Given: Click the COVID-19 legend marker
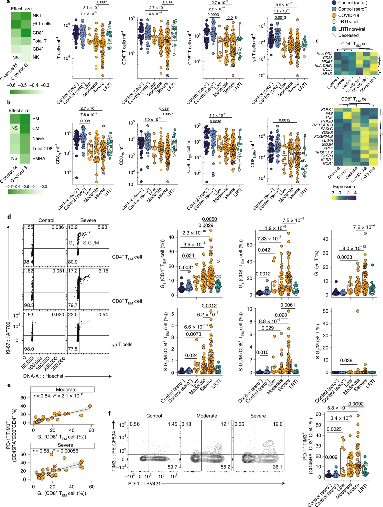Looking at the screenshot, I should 334,15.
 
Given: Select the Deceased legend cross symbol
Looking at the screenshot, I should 334,35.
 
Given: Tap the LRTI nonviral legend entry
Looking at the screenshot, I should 351,29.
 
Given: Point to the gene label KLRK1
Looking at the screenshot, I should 327,110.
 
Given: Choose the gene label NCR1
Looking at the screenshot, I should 328,164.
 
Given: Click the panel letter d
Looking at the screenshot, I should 9,217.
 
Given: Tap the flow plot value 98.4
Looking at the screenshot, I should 29,262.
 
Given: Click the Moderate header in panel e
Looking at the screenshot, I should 66,389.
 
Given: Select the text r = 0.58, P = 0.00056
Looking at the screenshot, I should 56,451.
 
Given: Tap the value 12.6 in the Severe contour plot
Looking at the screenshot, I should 277,424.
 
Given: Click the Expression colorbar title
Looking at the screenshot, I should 344,187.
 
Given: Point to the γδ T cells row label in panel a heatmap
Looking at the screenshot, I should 42,24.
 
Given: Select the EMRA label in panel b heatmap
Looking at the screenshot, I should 39,158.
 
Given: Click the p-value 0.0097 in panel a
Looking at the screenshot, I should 101,2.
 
